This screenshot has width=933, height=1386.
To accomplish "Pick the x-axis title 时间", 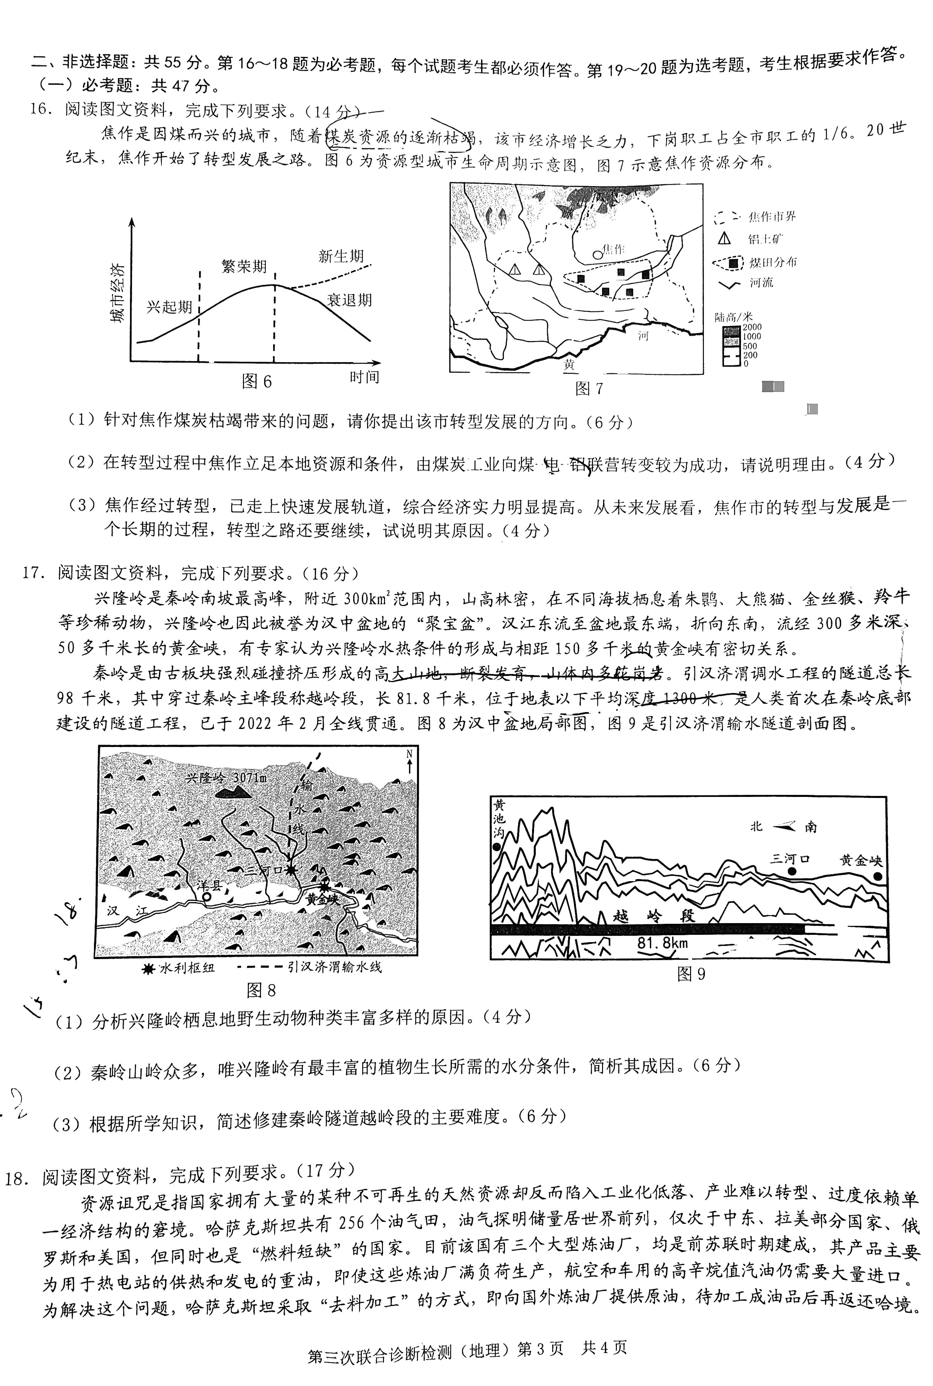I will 364,377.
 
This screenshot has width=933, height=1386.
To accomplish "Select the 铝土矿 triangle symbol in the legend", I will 724,238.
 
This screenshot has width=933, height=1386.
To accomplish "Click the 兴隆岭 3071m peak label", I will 226,778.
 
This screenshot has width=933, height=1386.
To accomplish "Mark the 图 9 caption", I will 691,974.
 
